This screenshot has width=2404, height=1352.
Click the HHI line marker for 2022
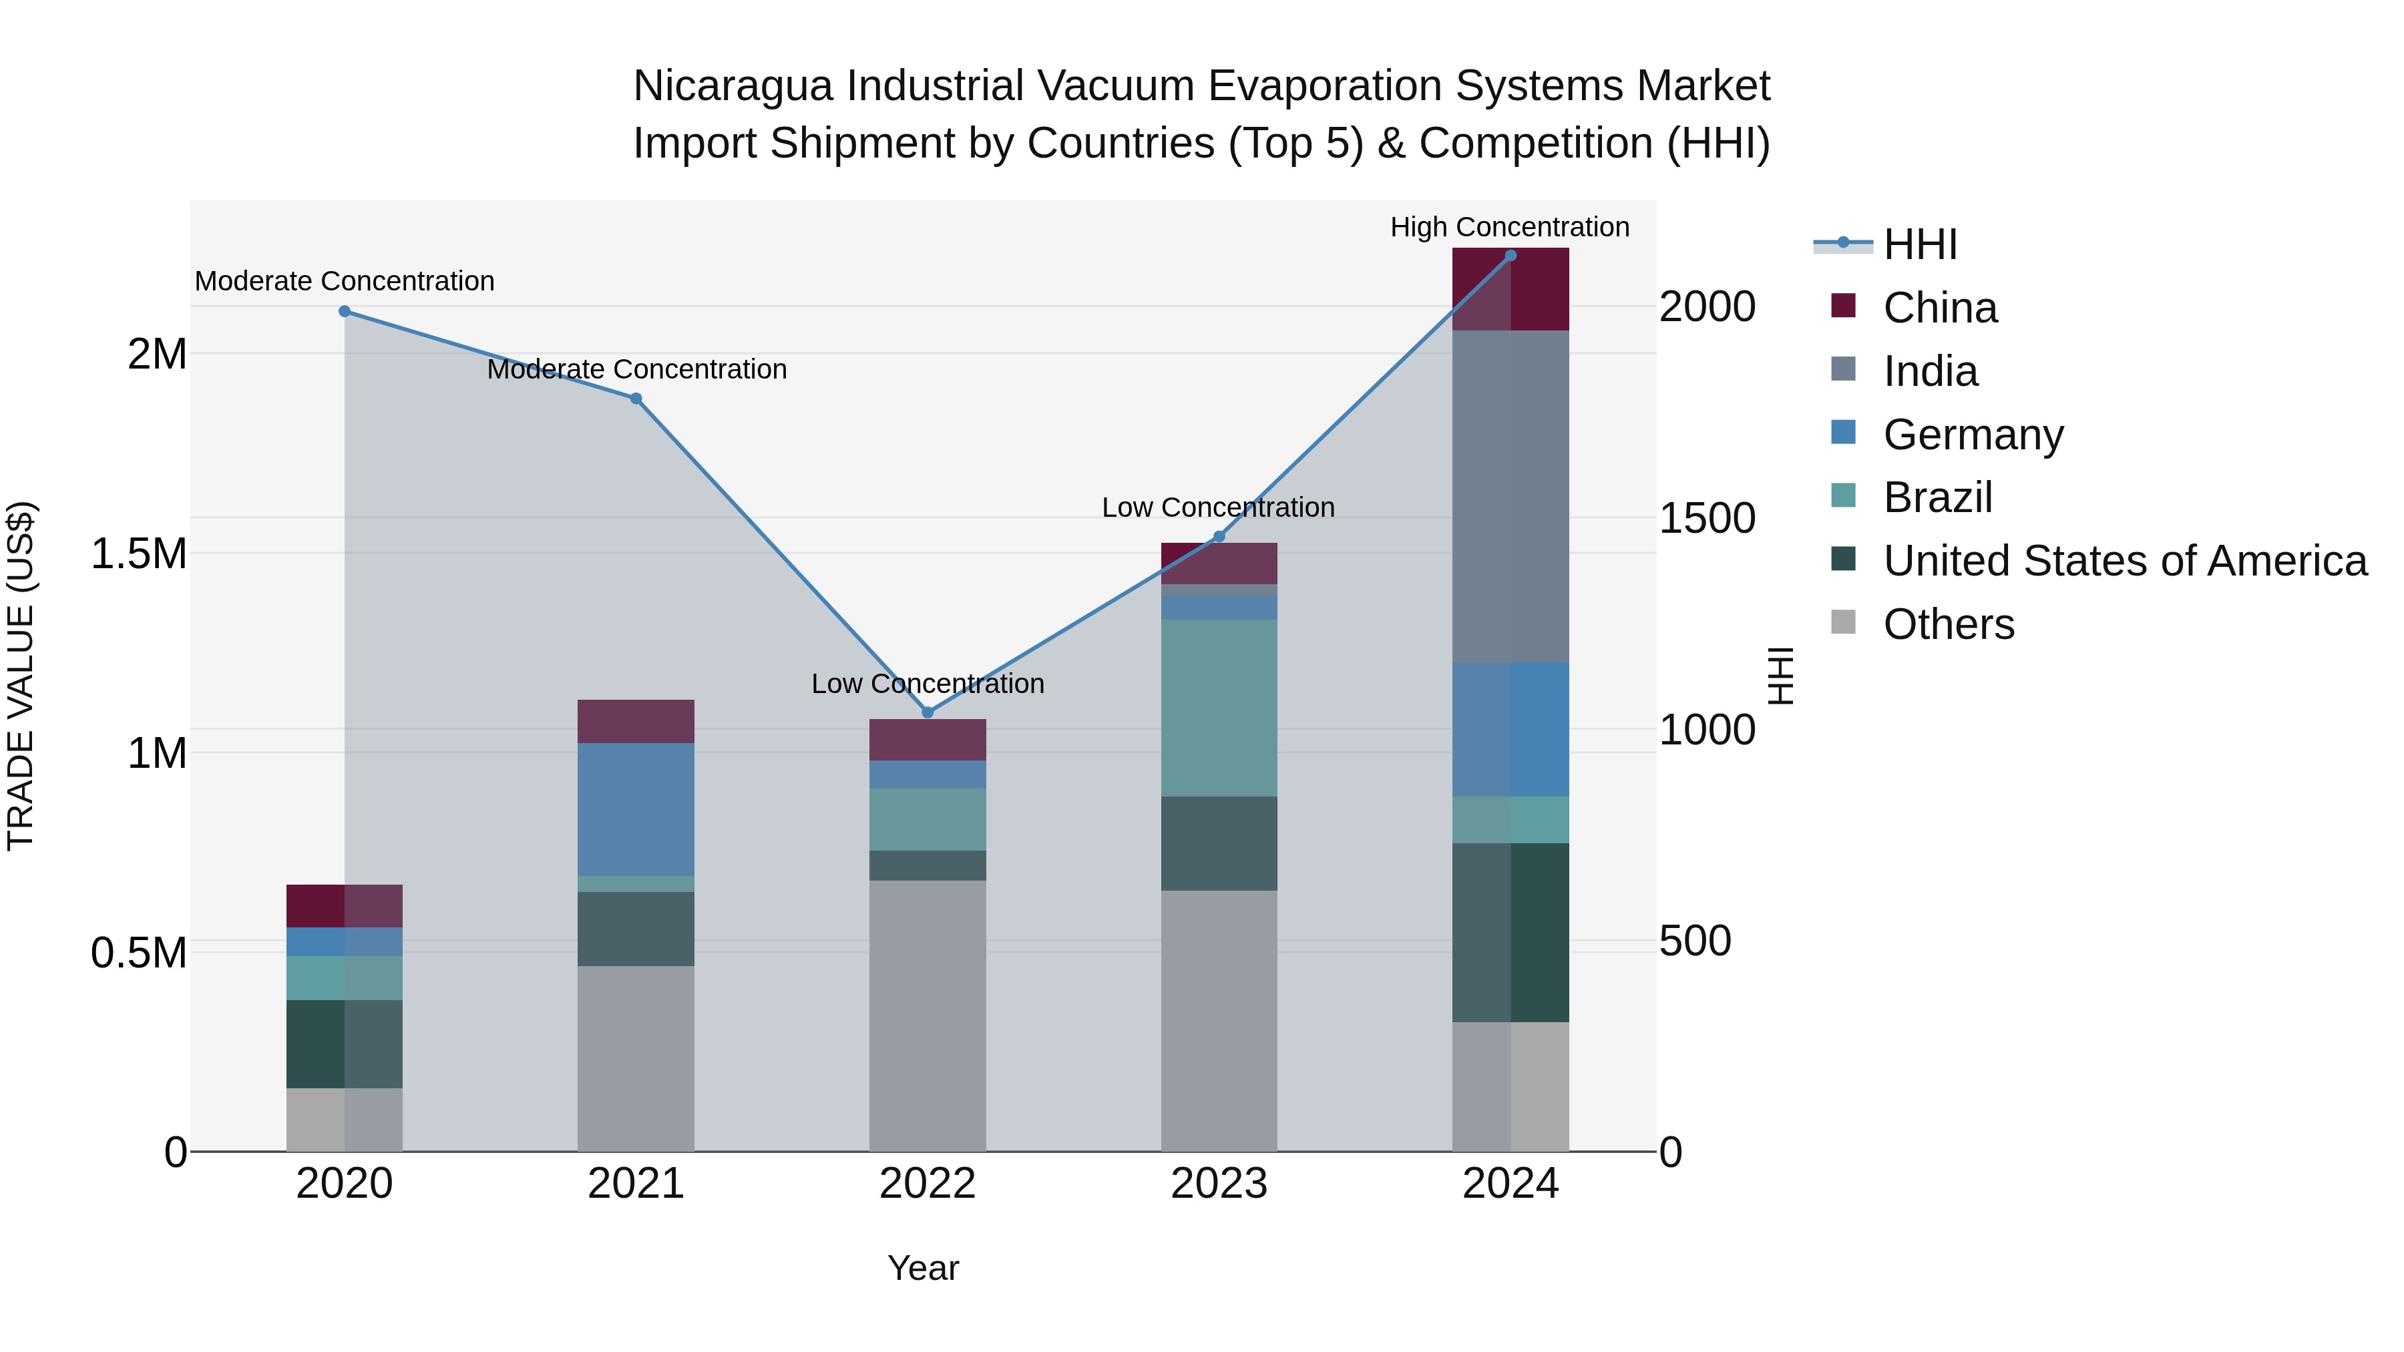click(x=927, y=713)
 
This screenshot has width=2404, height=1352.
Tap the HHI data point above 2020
click(x=345, y=312)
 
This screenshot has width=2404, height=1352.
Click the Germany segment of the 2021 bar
click(x=636, y=809)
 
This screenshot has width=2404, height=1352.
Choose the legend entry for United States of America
click(x=2124, y=561)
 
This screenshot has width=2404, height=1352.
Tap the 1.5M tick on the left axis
click(x=139, y=554)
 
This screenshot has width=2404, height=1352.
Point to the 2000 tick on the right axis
click(x=1707, y=307)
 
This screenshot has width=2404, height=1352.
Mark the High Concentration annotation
click(x=1509, y=227)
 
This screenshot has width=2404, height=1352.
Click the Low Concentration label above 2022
click(x=927, y=684)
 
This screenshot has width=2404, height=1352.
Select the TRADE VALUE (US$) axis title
click(x=21, y=676)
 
